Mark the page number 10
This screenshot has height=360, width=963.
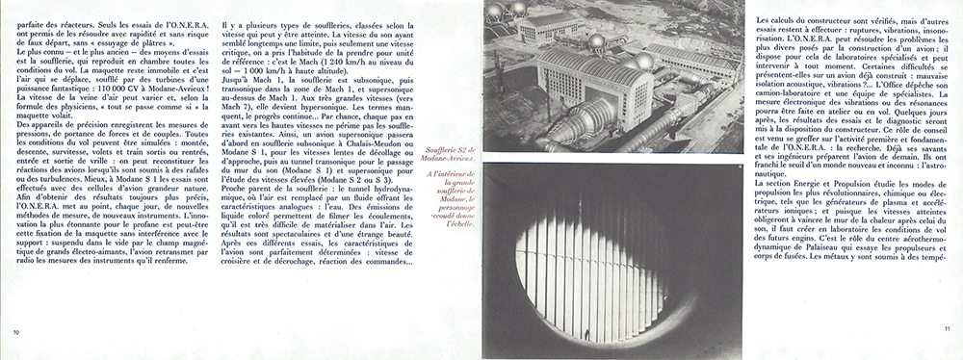point(16,331)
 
